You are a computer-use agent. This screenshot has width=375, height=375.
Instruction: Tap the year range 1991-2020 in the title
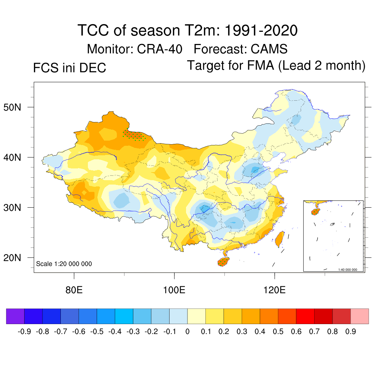[x=260, y=31]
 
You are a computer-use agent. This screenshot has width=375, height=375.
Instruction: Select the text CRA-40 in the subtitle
[x=160, y=49]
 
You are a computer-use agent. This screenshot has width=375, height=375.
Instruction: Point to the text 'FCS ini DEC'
[x=70, y=68]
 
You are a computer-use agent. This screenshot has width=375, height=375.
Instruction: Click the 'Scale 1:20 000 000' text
[x=64, y=264]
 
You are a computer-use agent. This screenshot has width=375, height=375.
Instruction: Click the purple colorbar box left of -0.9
[x=15, y=316]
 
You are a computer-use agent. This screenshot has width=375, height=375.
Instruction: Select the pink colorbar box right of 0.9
[x=360, y=316]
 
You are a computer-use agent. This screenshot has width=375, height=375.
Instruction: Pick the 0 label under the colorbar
[x=187, y=332]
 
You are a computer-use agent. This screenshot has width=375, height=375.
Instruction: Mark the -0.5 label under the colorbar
[x=97, y=332]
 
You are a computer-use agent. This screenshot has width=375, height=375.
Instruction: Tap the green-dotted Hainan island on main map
[x=223, y=261]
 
